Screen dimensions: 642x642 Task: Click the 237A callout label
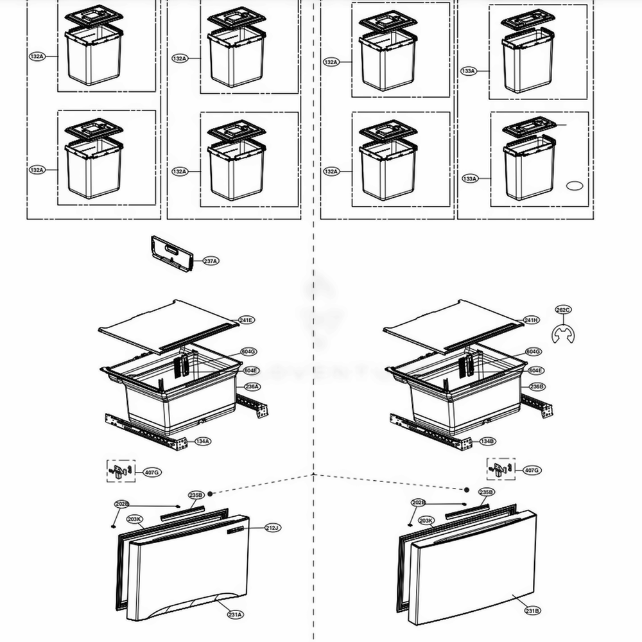(211, 261)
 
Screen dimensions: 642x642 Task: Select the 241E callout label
(247, 320)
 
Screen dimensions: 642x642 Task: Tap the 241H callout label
(531, 320)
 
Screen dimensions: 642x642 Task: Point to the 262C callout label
(563, 310)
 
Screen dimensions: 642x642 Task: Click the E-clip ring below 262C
(563, 334)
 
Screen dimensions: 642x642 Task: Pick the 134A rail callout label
(203, 442)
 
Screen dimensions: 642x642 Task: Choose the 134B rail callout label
(488, 442)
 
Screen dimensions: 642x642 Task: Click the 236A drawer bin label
(252, 387)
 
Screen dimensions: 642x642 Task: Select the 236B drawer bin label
(537, 387)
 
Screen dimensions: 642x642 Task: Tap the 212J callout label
(272, 528)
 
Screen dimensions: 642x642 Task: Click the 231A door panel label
(235, 614)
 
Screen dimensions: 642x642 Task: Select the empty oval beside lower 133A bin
(573, 186)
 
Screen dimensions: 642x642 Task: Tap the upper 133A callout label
(469, 71)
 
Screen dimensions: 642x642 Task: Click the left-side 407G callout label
(152, 473)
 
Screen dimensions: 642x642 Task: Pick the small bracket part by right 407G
(501, 468)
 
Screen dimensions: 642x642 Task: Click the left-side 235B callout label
(196, 495)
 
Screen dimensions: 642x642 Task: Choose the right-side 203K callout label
(426, 521)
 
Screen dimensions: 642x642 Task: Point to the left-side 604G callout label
(249, 352)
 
